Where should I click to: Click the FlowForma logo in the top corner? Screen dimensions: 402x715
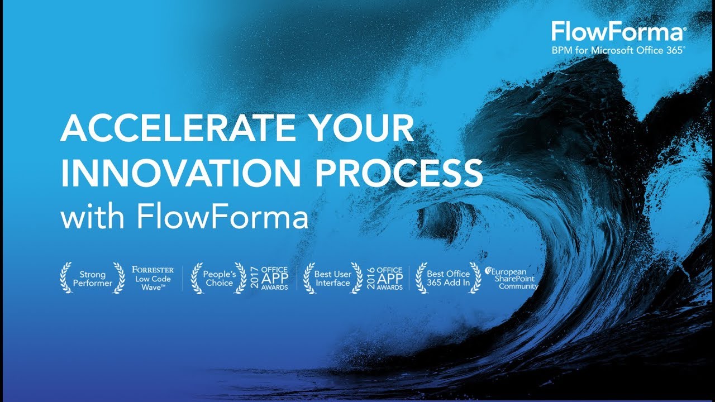pyautogui.click(x=617, y=32)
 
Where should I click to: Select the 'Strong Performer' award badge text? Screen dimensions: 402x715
pyautogui.click(x=93, y=279)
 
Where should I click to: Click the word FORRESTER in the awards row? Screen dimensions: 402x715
pyautogui.click(x=153, y=270)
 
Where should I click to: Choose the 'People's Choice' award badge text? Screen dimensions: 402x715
pyautogui.click(x=218, y=279)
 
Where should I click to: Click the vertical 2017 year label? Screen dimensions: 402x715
pyautogui.click(x=254, y=277)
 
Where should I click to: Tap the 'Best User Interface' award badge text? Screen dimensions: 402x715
pyautogui.click(x=333, y=279)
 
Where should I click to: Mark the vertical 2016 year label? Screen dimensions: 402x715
pyautogui.click(x=371, y=277)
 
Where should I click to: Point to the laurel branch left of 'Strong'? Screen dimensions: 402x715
pyautogui.click(x=66, y=278)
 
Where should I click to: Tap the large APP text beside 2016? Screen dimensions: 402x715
pyautogui.click(x=390, y=279)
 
